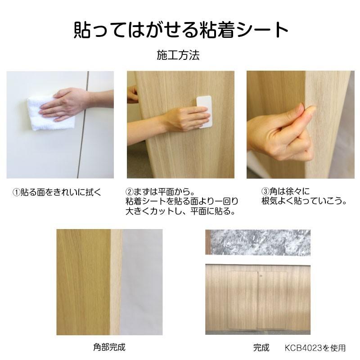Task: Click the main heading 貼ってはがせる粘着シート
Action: coord(180,30)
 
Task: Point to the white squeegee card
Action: coord(205,111)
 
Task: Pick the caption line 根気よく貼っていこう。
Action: coord(304,202)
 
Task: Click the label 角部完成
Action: coord(109,347)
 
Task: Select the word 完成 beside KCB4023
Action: coord(261,347)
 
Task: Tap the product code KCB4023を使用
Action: coord(315,347)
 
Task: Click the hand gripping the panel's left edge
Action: coord(132,94)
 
